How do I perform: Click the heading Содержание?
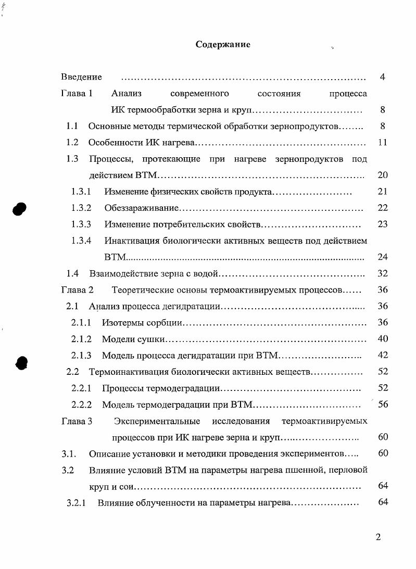click(x=223, y=45)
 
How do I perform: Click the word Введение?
click(x=81, y=77)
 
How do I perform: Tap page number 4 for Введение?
click(x=382, y=77)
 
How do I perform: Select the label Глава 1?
click(x=77, y=94)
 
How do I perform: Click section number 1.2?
click(x=72, y=142)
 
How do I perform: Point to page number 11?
click(x=383, y=142)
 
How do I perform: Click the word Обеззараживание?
click(x=142, y=208)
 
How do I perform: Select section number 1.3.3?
click(x=81, y=224)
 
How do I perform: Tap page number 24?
click(x=383, y=257)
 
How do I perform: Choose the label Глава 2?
click(x=77, y=289)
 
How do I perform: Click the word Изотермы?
click(x=121, y=323)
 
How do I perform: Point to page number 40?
click(x=383, y=339)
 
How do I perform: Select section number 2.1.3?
click(x=81, y=356)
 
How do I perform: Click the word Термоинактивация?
click(x=124, y=372)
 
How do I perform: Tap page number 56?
click(x=383, y=404)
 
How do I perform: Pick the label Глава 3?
click(x=77, y=421)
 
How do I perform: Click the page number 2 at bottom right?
click(x=378, y=537)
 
